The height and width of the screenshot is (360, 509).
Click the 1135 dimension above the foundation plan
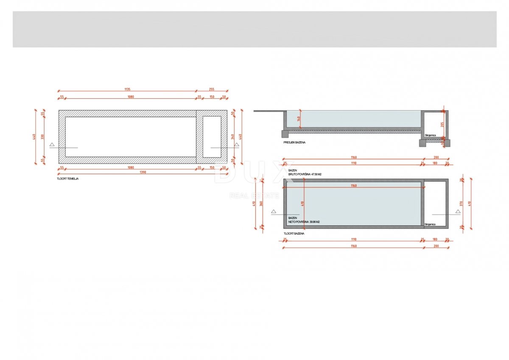127,89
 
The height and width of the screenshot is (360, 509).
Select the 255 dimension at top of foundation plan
212,89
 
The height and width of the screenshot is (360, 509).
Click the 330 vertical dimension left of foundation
42,137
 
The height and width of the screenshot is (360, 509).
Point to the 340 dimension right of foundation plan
233,137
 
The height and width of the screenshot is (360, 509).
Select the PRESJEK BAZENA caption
294,142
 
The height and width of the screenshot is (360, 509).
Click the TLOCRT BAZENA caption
294,234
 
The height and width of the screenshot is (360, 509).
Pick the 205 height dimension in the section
442,124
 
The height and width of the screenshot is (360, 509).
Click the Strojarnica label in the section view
430,135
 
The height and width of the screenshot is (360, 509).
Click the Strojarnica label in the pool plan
430,224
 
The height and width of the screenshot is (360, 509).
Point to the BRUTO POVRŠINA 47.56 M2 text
304,174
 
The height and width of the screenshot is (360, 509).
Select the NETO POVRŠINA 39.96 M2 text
304,222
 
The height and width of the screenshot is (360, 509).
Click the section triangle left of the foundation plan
52,145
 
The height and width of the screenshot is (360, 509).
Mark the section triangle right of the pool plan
458,211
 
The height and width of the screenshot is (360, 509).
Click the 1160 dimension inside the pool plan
353,186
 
